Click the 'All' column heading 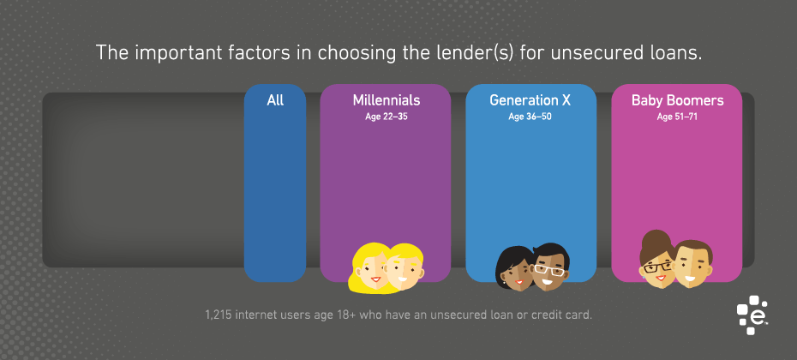[275, 100]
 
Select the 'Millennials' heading [387, 100]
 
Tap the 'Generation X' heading [530, 100]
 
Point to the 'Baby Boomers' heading [677, 100]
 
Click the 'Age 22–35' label [387, 117]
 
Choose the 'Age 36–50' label [530, 117]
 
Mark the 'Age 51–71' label [677, 117]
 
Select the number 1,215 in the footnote [218, 315]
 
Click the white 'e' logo [752, 315]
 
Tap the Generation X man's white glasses [549, 269]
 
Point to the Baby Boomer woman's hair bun [655, 239]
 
